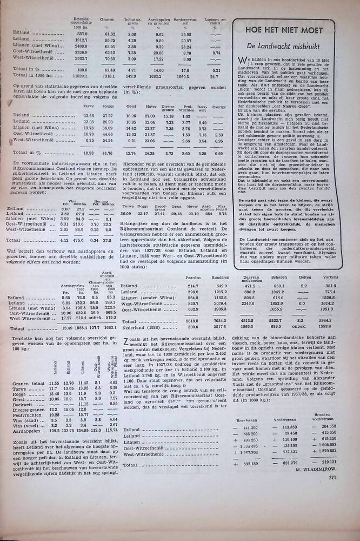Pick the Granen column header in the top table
106,19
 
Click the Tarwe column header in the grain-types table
89,107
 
